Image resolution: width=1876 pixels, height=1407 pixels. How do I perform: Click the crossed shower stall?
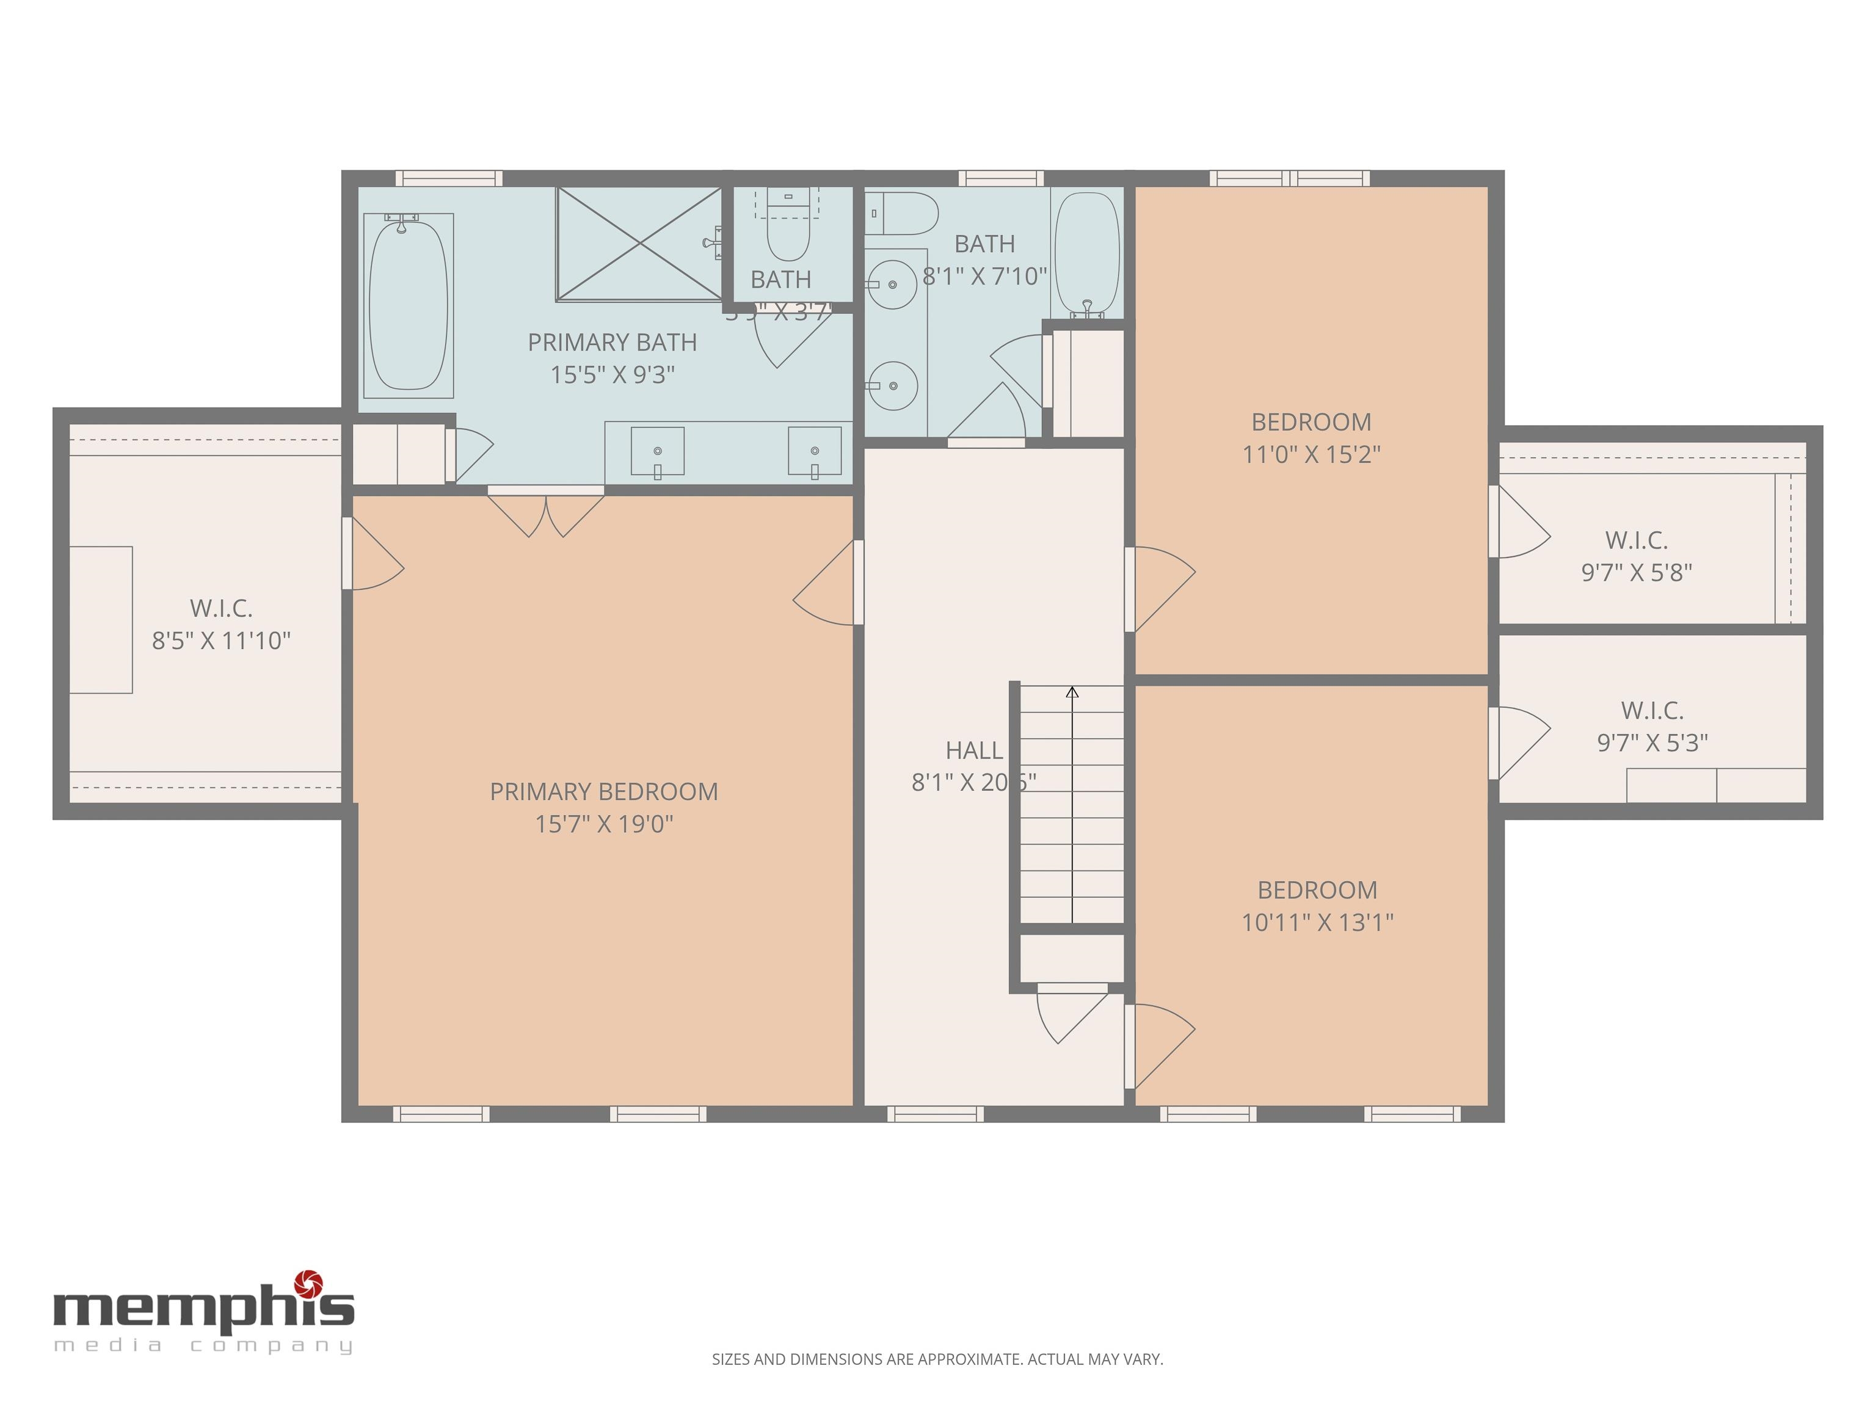point(638,244)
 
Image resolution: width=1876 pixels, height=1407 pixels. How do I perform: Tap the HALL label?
point(973,751)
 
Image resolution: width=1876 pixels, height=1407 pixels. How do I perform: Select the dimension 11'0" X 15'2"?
point(1311,454)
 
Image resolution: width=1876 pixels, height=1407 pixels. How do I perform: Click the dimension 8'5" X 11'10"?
point(221,641)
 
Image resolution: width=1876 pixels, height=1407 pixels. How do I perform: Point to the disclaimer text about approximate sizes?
point(937,1359)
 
